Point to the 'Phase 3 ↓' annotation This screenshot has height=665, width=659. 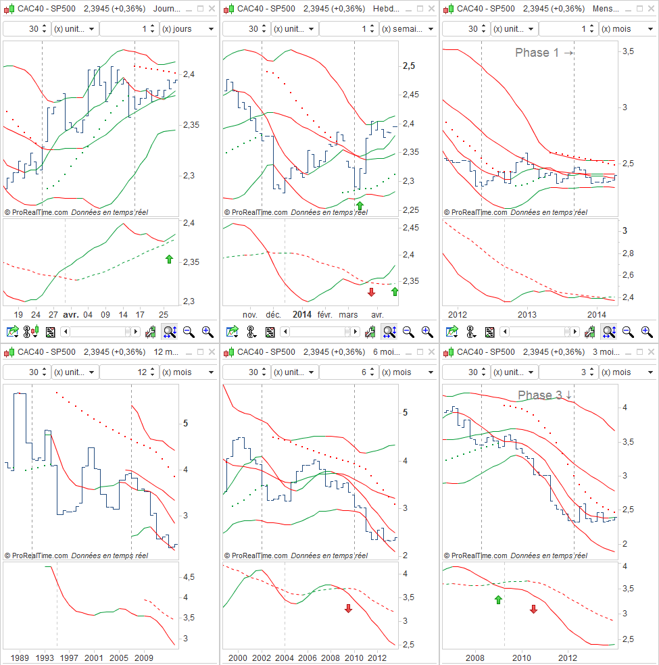545,395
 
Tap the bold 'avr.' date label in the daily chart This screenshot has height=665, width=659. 71,314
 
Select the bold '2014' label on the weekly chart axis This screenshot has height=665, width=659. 301,314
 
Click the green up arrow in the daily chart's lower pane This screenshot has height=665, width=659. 169,259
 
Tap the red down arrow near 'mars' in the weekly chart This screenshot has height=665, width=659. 371,292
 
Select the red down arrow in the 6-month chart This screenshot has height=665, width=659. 349,608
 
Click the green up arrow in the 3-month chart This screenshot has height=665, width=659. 499,599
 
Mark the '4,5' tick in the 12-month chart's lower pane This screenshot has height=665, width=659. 190,577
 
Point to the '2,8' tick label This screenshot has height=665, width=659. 629,253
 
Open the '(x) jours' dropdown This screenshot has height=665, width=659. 188,29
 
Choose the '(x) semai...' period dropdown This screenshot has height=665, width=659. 408,29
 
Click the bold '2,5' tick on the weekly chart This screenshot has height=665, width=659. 409,66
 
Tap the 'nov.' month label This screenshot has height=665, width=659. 250,314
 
